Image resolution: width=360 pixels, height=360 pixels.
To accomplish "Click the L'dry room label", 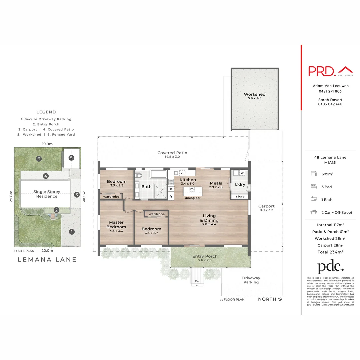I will coord(240,184).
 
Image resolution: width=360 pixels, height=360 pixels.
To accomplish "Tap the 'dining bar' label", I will coord(193,198).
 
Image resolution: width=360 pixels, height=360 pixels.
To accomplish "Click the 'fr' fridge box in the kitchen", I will coord(171,197).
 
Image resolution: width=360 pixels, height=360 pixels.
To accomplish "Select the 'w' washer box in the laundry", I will coord(242,173).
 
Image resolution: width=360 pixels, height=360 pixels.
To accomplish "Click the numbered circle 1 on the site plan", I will coord(71,232).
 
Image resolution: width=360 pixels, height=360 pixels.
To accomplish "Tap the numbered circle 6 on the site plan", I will coord(39,159).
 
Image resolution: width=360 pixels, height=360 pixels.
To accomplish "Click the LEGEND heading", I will coord(46,112).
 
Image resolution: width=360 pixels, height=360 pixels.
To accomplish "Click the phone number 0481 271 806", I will coord(330,91).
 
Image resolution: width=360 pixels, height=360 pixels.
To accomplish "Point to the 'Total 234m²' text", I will coord(330,252).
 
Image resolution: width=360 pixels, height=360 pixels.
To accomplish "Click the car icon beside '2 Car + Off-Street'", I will coord(313,212).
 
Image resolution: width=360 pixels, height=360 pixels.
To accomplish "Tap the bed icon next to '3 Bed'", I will coord(313,187).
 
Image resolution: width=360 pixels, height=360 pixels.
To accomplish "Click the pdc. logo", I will coord(330,267).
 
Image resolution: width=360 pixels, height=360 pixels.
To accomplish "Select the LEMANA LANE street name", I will coord(47,259).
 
